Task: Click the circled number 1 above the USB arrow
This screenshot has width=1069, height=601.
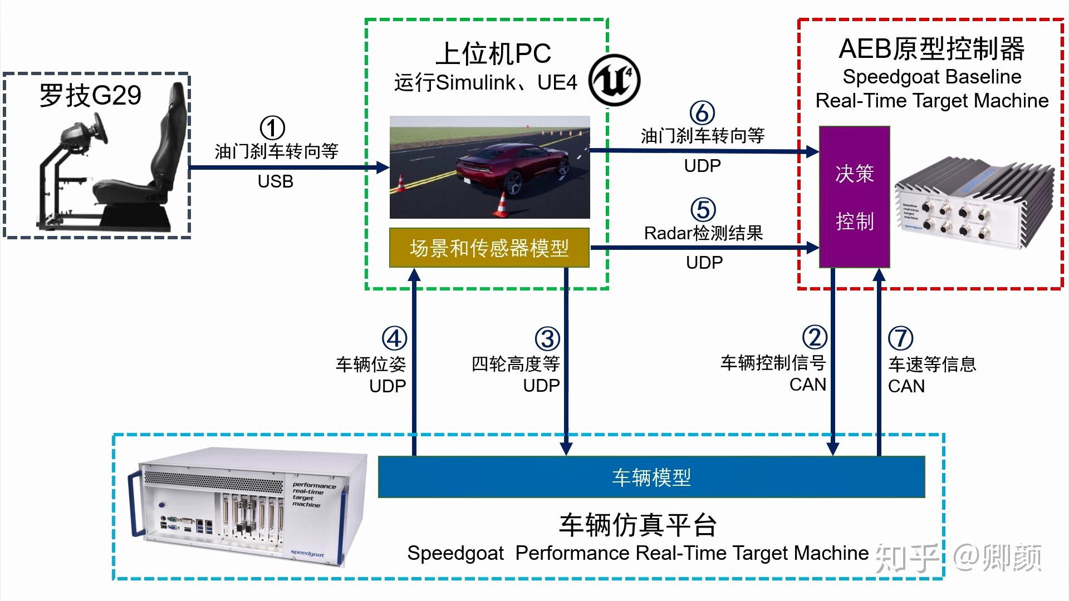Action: coord(272,129)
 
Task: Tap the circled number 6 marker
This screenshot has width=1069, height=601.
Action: coord(702,112)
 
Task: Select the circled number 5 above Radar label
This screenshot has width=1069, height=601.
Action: coord(703,210)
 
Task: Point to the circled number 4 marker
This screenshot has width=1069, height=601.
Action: coord(394,338)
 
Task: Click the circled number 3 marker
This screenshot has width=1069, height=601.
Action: coord(547,339)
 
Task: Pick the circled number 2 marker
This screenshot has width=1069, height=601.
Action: coord(815,337)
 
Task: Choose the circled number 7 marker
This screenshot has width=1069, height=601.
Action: coord(900,338)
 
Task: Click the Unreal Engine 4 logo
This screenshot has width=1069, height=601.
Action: coord(615,80)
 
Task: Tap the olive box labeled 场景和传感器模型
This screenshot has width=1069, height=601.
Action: coord(489,248)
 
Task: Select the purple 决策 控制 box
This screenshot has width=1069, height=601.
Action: coord(854,197)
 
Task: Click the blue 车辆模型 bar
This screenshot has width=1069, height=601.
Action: coord(651,477)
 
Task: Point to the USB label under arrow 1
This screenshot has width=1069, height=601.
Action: coord(275,181)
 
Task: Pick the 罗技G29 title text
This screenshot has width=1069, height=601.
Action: coord(90,96)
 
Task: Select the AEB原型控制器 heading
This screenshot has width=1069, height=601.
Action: coord(931,49)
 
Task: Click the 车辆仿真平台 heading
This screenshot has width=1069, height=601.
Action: coord(638,525)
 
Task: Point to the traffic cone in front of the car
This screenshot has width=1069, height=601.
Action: coord(501,204)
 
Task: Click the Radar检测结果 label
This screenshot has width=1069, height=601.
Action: coord(703,233)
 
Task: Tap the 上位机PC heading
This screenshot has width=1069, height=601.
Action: coord(493,54)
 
